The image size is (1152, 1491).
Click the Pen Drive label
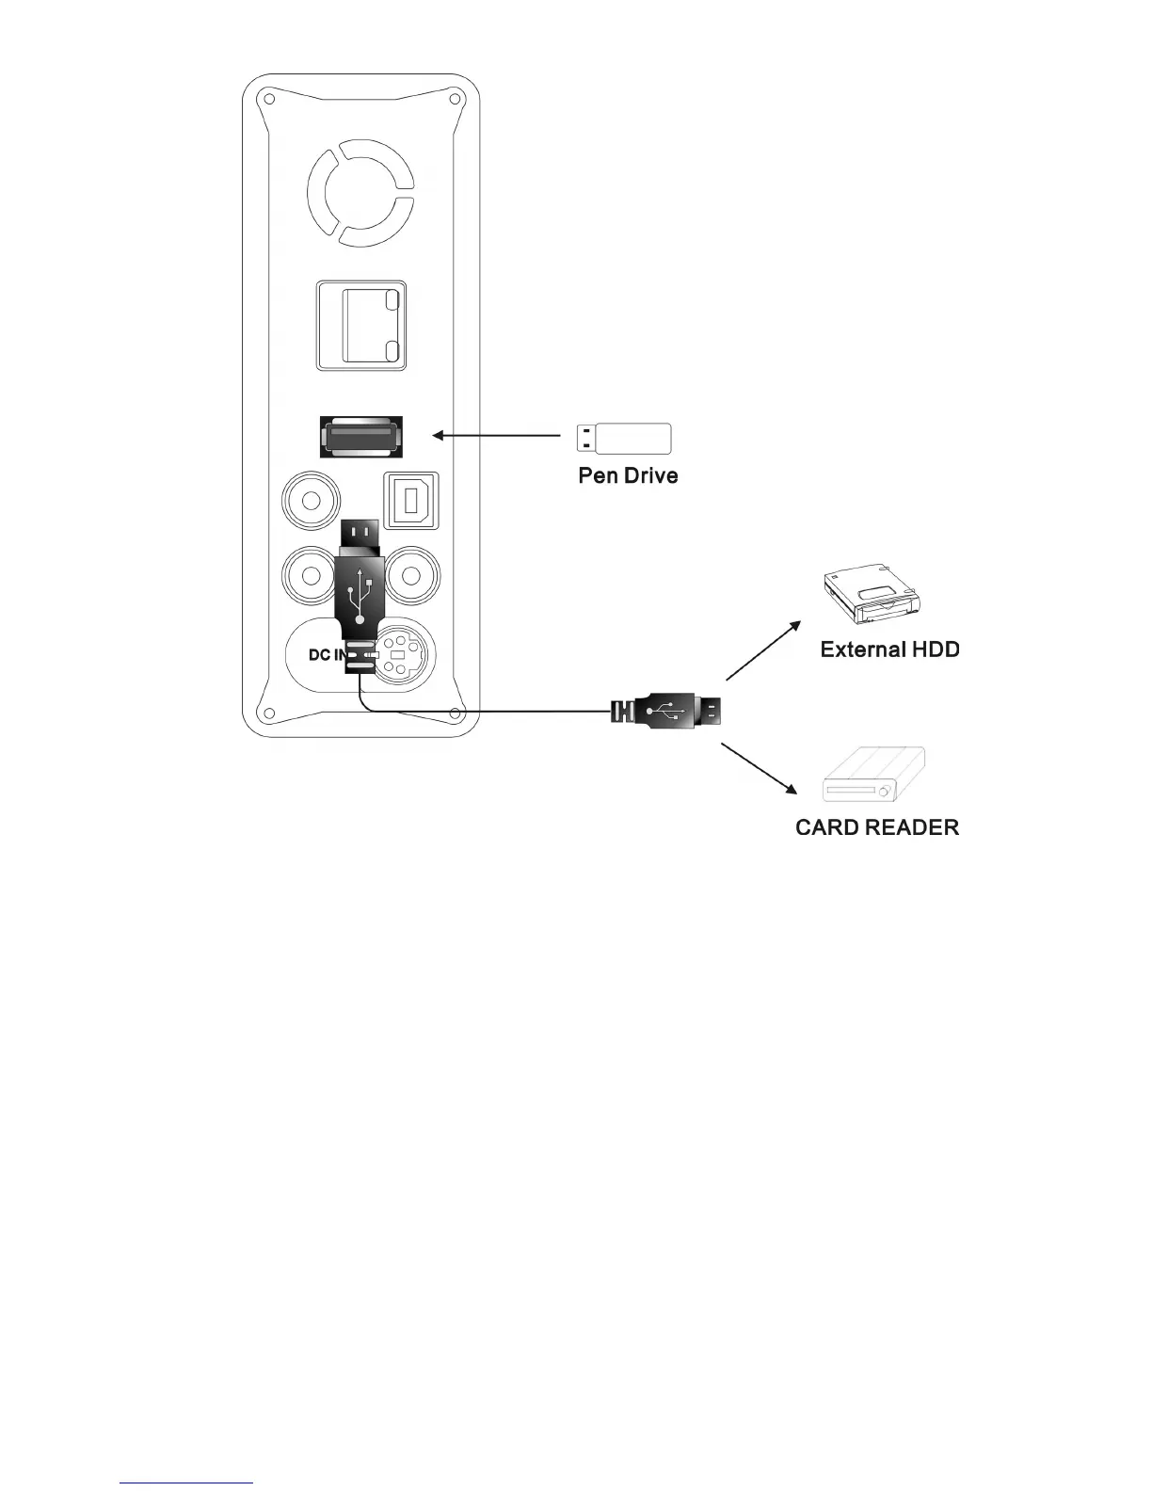click(627, 475)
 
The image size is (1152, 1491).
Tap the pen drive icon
click(623, 439)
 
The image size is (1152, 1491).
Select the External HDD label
click(889, 649)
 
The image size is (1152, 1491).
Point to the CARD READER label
click(877, 827)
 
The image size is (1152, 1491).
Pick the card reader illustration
click(874, 776)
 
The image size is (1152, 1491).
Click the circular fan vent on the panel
click(360, 193)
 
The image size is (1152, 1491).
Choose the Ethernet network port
click(360, 325)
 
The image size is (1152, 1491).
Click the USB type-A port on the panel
click(361, 438)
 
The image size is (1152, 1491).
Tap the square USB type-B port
click(411, 499)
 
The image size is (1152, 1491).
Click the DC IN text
click(325, 654)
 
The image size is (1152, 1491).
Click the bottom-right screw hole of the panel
click(455, 713)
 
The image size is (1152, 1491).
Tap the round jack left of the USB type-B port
click(311, 499)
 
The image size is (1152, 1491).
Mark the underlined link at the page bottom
click(186, 1482)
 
